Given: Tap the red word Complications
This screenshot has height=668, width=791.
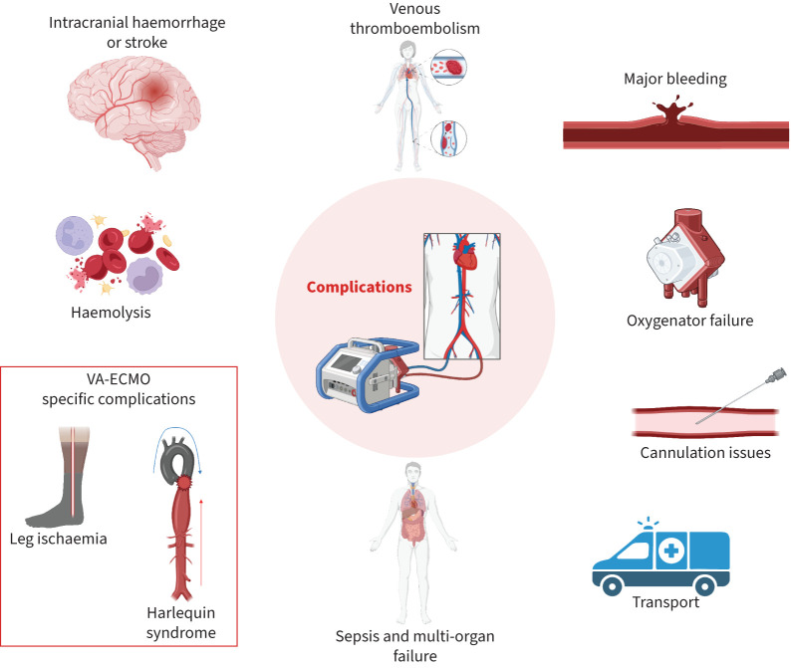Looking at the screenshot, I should point(359,287).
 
